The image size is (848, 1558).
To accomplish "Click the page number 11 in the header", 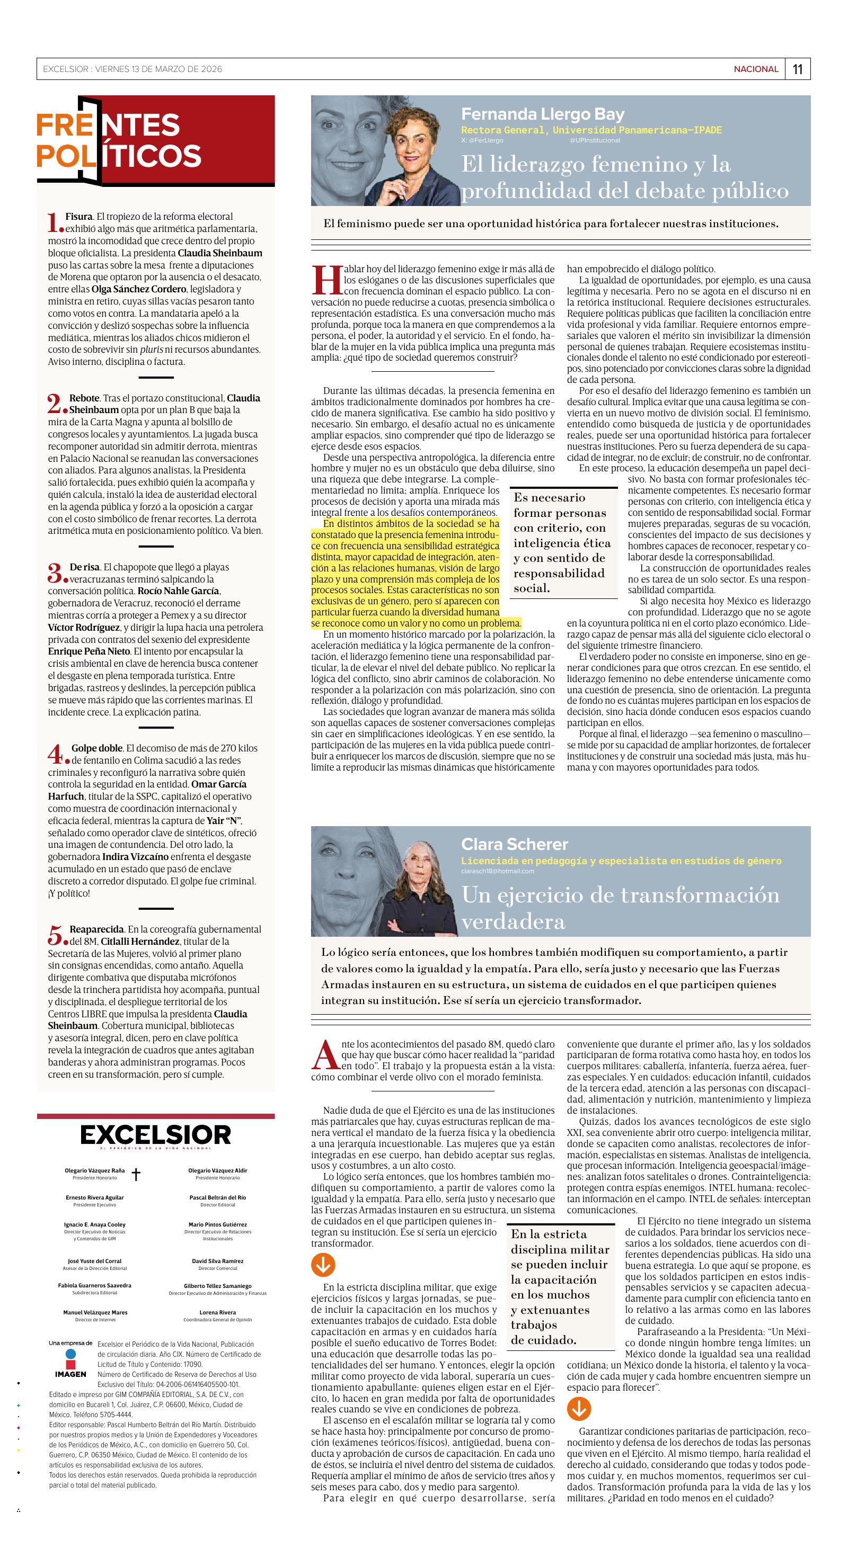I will pos(797,69).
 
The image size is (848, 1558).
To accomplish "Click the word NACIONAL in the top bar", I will pos(756,69).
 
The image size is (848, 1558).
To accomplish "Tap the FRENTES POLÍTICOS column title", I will pos(119,140).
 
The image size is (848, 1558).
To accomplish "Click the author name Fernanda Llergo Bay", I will pos(542,114).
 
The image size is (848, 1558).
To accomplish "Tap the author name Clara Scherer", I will pos(515,844).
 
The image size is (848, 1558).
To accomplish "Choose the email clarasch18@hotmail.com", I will pos(498,871).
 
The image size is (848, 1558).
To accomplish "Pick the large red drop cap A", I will pos(325,1055).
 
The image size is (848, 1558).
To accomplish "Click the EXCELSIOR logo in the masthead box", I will pos(156,1135).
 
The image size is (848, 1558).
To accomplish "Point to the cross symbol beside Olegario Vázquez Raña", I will pos(136,1175).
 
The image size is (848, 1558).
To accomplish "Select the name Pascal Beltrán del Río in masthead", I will pos(217,1197).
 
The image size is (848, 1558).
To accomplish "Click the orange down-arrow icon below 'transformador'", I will pos(323,1264).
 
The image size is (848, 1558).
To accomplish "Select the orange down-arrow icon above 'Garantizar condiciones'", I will pos(579,1410).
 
